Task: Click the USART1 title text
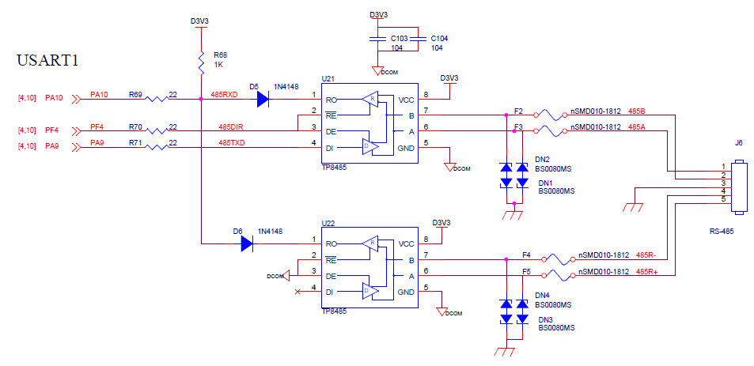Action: (47, 61)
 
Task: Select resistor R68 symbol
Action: (201, 64)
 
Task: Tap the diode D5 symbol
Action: (263, 100)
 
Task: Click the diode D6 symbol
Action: (247, 243)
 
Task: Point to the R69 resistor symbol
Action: (156, 100)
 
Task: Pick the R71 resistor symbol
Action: (156, 148)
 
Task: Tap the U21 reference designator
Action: (327, 78)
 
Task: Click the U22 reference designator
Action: (327, 223)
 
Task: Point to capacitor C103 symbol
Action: (378, 40)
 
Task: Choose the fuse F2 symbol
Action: (548, 115)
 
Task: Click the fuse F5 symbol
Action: (558, 276)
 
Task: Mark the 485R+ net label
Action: (646, 271)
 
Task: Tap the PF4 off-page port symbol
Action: (75, 130)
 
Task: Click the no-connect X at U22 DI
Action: (297, 292)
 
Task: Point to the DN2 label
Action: (543, 159)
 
